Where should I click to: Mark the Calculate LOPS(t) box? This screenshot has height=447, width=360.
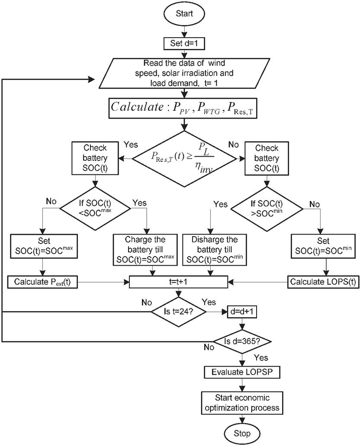point(323,282)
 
